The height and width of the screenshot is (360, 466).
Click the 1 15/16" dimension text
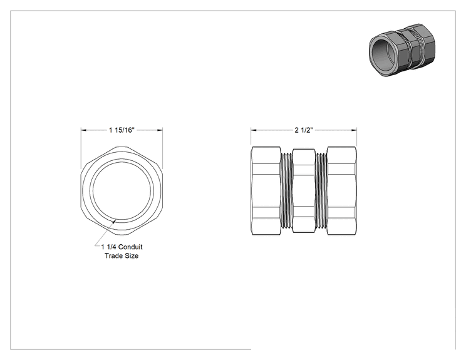pyautogui.click(x=122, y=130)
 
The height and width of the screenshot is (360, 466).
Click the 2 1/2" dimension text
pyautogui.click(x=304, y=130)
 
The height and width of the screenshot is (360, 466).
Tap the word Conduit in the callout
pyautogui.click(x=130, y=247)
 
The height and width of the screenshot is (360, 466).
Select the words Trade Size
pyautogui.click(x=122, y=255)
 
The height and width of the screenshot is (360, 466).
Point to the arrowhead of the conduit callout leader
pyautogui.click(x=115, y=220)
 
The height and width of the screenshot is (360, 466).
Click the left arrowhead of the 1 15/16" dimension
pyautogui.click(x=83, y=130)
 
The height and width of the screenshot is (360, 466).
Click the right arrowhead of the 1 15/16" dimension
pyautogui.click(x=160, y=130)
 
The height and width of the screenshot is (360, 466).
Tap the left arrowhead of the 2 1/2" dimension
pyautogui.click(x=253, y=130)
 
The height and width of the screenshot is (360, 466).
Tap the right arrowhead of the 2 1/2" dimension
pyautogui.click(x=355, y=130)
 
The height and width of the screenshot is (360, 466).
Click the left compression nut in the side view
pyautogui.click(x=266, y=191)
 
